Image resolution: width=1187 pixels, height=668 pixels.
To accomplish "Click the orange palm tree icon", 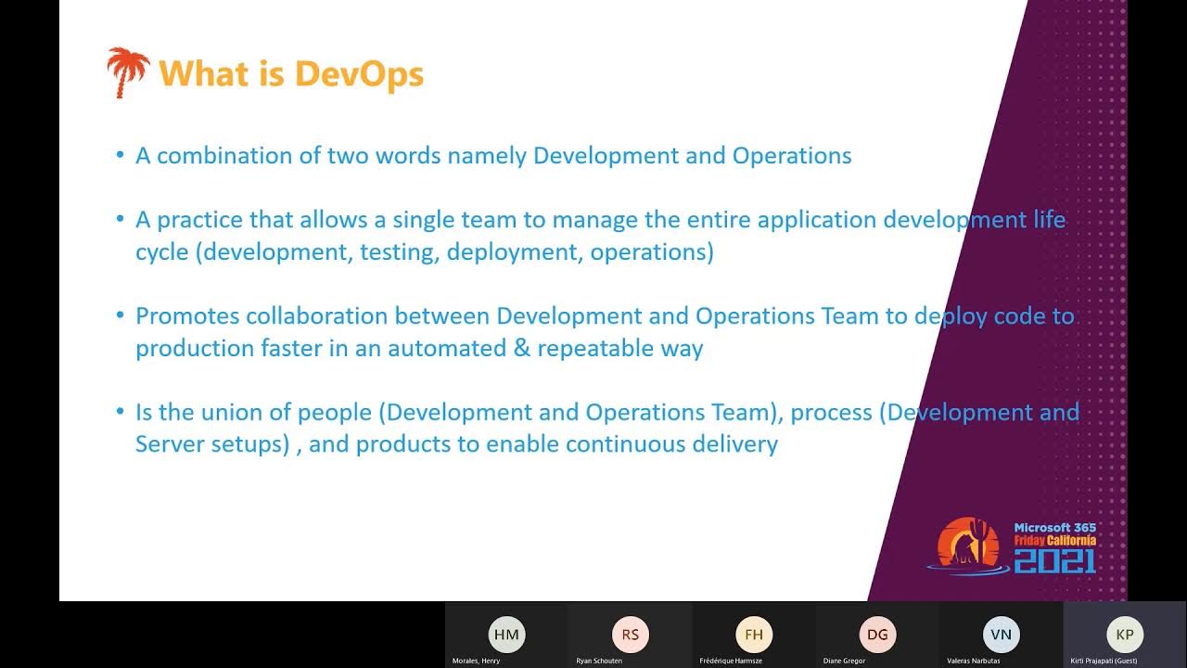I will click(x=127, y=72).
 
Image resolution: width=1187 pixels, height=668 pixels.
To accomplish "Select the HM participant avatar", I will click(x=506, y=635).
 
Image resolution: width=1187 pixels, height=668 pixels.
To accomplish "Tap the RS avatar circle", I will click(x=631, y=635).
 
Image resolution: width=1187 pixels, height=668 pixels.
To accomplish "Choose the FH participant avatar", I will click(x=754, y=635).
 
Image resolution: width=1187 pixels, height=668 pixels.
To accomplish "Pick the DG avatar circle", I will click(x=877, y=635).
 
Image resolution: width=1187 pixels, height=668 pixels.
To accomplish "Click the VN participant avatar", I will click(x=1001, y=635).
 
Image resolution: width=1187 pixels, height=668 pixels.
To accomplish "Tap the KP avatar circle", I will click(x=1125, y=635).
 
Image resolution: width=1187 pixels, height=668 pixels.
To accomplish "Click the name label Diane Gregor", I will click(x=844, y=661).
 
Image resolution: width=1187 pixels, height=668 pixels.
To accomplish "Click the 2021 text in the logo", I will click(x=1054, y=560).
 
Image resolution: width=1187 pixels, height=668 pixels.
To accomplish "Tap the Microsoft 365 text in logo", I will click(x=1054, y=528).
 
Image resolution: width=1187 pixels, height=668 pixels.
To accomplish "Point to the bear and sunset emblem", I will click(x=967, y=543).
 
